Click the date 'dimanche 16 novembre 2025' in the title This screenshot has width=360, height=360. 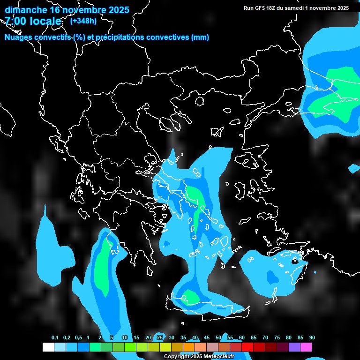pos(67,10)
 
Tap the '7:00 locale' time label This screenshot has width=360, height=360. pos(33,21)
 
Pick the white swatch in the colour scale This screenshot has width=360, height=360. pos(48,347)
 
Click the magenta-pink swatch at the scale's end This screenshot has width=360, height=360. pos(306,347)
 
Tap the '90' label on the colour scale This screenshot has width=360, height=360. pos(312,338)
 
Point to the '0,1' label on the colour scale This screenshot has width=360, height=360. pos(55,338)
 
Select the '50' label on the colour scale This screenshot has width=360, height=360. pos(218,338)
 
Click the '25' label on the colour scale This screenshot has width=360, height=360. pos(160,338)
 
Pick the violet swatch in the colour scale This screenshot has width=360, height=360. pos(294,347)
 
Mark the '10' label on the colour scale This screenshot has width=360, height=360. pos(125,338)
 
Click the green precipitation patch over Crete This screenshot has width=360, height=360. pos(191,297)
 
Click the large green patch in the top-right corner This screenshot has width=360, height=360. pos(335,94)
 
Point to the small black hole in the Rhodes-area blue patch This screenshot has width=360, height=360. pos(295,261)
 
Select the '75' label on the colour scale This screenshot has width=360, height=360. pos(277,338)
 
